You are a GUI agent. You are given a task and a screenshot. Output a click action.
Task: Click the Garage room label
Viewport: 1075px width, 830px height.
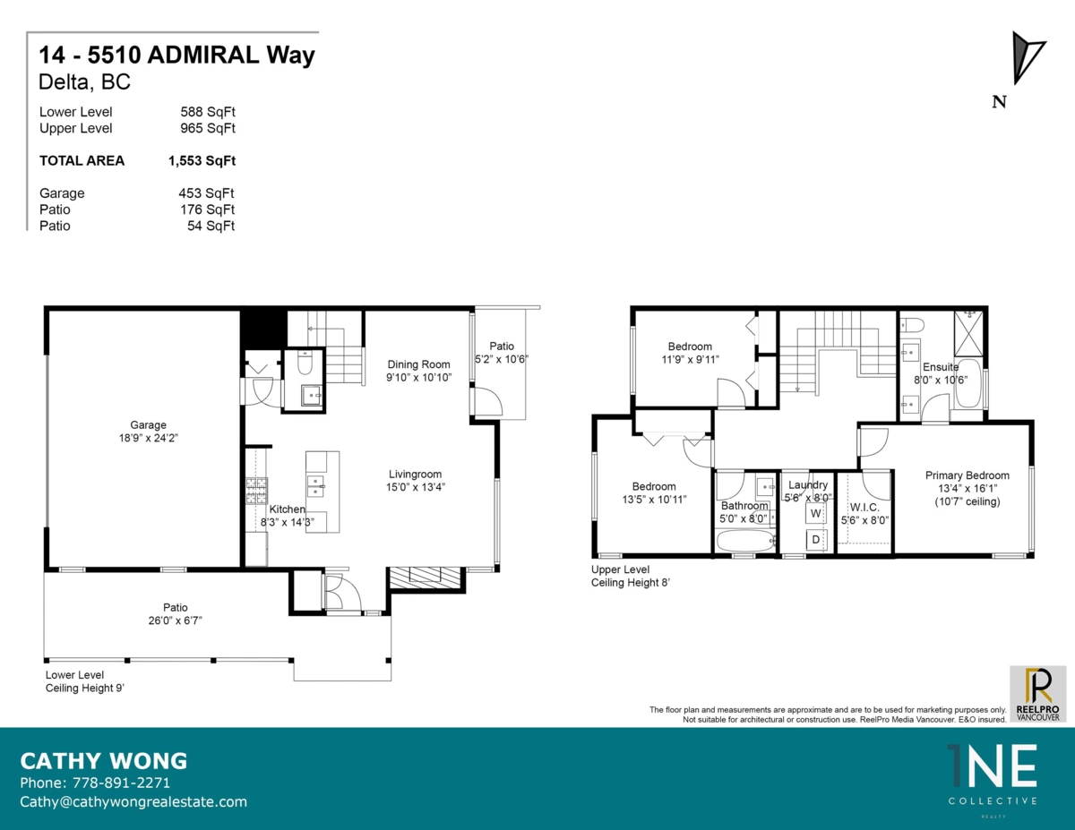pos(148,424)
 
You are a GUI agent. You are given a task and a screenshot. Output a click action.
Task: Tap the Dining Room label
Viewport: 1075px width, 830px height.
pos(418,364)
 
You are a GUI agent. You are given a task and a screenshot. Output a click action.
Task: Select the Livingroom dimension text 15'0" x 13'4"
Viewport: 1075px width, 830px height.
pos(416,487)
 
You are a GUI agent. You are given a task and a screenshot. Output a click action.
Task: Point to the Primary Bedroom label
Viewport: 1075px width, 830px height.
pos(967,475)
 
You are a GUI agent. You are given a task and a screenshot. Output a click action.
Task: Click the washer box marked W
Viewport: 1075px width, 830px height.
pos(816,513)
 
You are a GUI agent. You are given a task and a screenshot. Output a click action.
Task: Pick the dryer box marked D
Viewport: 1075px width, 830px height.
pos(816,539)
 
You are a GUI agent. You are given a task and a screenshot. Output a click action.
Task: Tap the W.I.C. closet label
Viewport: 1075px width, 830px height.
pos(864,507)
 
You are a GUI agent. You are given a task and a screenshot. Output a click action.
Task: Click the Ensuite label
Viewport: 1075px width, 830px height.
pos(941,367)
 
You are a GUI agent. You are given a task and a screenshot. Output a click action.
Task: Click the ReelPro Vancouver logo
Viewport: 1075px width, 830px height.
pos(1038,694)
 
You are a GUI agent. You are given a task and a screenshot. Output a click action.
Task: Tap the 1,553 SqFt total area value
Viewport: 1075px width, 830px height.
pos(202,160)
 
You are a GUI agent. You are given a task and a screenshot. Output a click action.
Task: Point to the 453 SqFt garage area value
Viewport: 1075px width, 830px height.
pos(206,193)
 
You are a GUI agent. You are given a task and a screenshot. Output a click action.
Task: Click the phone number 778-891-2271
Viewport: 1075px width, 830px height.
pos(121,783)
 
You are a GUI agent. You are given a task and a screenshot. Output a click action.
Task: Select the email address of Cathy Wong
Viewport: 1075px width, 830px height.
pos(133,802)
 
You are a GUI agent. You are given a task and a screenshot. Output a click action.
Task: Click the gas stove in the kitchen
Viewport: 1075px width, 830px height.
pos(257,491)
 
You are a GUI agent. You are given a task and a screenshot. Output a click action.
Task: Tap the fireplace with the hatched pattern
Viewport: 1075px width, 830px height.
pos(425,577)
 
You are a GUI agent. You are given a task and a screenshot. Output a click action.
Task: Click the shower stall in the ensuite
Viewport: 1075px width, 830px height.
pos(968,333)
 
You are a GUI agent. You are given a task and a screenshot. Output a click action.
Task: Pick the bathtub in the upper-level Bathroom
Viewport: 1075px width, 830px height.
pos(744,541)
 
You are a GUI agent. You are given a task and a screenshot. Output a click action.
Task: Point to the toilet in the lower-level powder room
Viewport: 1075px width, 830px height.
pos(305,363)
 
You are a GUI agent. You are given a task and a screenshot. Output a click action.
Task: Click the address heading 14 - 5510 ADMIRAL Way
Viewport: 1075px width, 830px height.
pos(176,55)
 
